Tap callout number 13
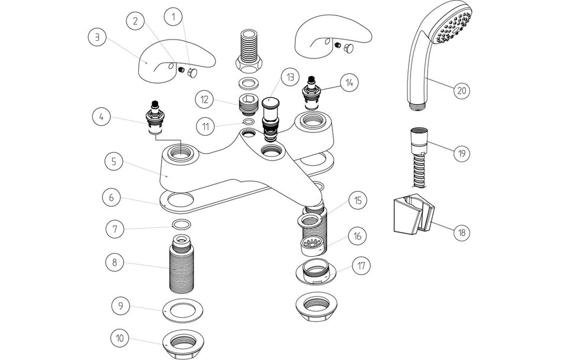click(x=290, y=77)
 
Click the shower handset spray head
click(x=452, y=27)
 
